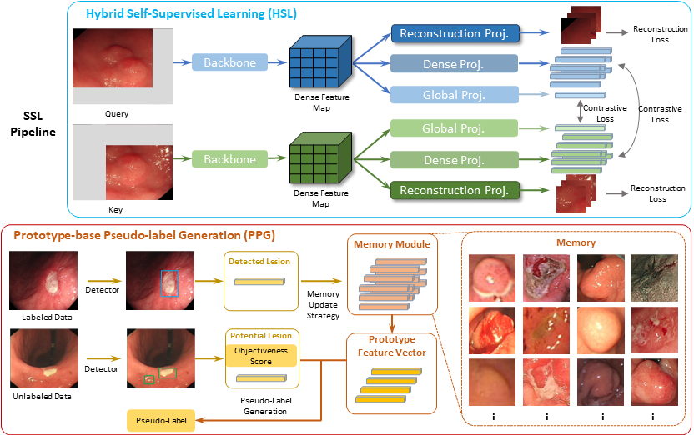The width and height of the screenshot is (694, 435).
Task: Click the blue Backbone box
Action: tap(229, 62)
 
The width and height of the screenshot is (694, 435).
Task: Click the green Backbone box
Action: tap(229, 159)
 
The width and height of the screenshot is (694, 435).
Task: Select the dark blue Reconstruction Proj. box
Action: tap(455, 33)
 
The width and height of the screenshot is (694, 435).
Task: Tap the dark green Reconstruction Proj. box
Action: tap(455, 190)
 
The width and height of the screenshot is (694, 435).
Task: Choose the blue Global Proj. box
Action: tap(454, 95)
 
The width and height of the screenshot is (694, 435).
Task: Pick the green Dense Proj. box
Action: tap(454, 160)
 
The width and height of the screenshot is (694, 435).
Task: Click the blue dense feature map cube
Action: tap(320, 62)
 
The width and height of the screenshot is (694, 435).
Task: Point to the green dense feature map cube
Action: tap(320, 157)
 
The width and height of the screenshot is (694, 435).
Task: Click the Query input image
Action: tap(123, 67)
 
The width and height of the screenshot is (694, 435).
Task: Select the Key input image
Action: tap(123, 162)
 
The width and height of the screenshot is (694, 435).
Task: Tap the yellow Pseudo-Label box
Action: tap(161, 420)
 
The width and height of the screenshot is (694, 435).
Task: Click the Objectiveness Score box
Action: tap(261, 356)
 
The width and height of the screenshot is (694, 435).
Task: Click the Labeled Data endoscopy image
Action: tap(43, 280)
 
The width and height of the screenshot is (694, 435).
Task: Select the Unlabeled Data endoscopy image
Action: tap(44, 358)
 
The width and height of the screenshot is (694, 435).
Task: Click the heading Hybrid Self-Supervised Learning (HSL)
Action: tap(191, 13)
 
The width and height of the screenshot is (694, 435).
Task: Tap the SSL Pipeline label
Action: tap(33, 124)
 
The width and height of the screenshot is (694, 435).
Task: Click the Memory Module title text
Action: tap(392, 244)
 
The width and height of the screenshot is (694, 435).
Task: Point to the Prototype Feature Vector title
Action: tap(392, 346)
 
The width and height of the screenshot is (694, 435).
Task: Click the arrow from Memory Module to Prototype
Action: tap(392, 323)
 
